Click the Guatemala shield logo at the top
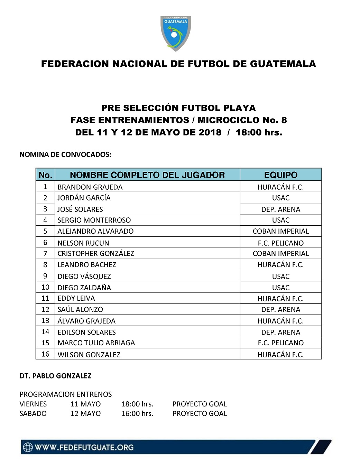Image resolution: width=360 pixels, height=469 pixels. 176,34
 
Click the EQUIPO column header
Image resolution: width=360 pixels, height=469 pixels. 280,175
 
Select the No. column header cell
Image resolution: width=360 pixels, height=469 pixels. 45,175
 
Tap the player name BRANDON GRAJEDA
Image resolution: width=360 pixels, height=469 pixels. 90,187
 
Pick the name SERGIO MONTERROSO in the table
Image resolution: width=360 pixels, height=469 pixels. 94,220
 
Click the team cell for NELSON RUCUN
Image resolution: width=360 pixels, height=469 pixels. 280,243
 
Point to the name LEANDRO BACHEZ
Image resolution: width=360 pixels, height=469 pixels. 87,265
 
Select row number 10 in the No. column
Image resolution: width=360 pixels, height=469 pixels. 45,287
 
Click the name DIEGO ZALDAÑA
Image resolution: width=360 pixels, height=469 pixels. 84,288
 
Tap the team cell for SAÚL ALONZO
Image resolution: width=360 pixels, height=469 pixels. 280,310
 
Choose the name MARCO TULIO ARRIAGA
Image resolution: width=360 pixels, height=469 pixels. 96,343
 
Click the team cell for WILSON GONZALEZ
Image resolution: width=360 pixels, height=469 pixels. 280,355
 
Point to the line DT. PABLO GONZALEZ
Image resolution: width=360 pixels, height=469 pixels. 55,376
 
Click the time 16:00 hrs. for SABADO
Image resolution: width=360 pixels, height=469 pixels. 137,413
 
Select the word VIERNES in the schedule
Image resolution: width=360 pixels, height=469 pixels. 33,404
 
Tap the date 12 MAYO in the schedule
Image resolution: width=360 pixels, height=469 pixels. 85,413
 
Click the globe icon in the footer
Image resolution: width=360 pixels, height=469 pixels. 28,447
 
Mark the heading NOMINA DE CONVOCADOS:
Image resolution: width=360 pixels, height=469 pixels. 65,154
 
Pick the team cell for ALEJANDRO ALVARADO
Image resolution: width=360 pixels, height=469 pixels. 280,231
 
